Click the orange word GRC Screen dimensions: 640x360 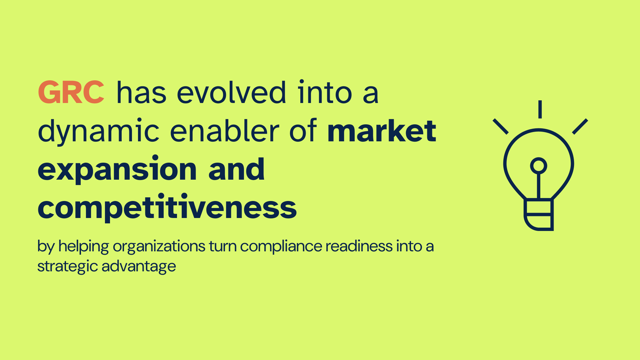[71, 92]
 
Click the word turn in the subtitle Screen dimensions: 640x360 [223, 247]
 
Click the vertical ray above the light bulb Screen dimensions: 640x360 [540, 109]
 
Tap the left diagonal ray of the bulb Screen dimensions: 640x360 [501, 127]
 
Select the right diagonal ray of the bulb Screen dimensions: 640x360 [580, 126]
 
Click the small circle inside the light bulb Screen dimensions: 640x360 [539, 166]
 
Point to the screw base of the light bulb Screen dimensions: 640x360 [539, 214]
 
